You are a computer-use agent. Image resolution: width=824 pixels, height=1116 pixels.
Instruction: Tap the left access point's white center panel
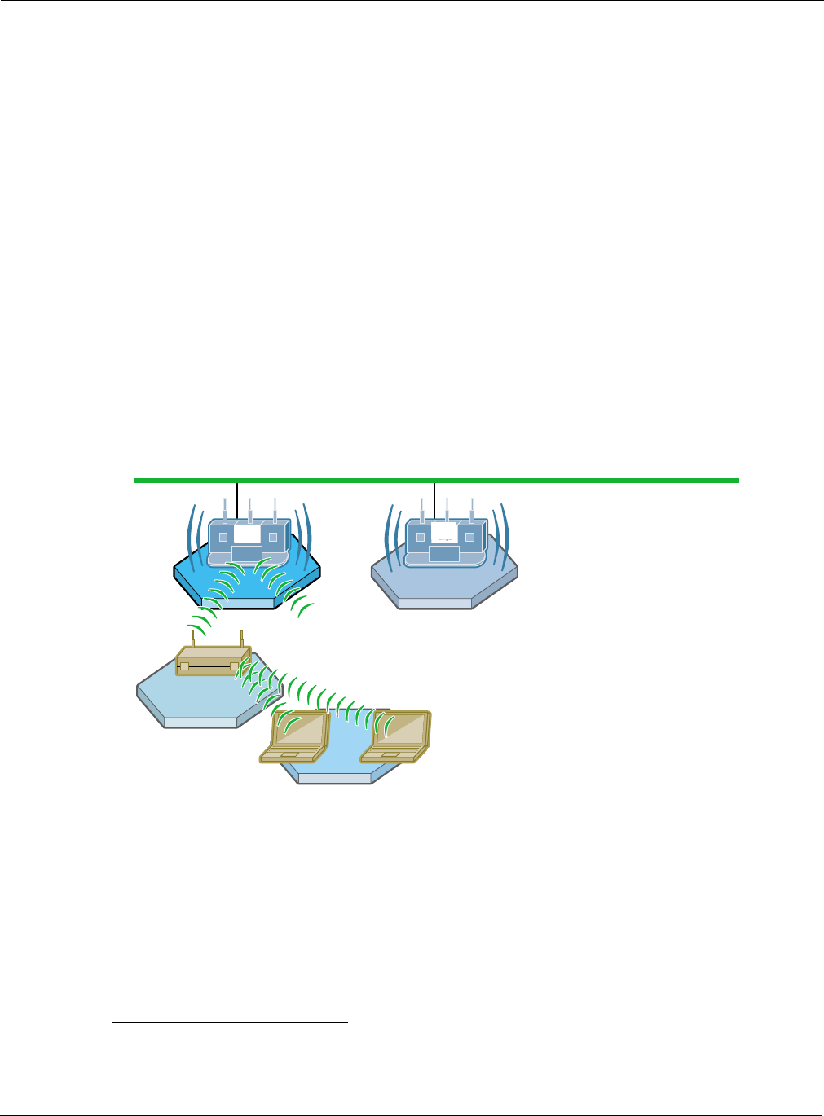point(247,534)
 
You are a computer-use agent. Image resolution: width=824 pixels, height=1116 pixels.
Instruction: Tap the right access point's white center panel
point(444,534)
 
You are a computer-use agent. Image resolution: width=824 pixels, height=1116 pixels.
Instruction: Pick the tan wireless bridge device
point(212,661)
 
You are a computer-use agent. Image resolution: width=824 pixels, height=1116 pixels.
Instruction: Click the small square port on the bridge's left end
point(185,666)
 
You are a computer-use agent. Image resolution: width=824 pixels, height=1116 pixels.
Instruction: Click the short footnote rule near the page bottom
point(230,1022)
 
